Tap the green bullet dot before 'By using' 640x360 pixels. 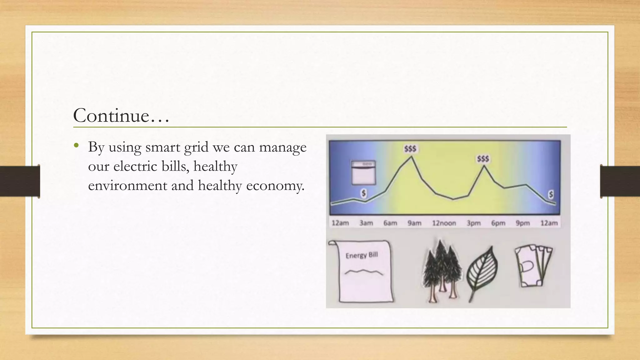[76, 145]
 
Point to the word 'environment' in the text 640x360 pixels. [127, 186]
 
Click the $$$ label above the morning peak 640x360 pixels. [410, 149]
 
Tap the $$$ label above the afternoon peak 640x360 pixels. [483, 159]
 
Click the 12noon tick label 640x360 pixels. [444, 223]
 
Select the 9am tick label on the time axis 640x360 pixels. [414, 223]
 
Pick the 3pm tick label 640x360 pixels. [473, 223]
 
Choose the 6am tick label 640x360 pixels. [390, 223]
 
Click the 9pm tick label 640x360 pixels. [522, 223]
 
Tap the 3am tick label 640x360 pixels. [366, 223]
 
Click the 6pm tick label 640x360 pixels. [498, 223]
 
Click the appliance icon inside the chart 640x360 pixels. [363, 173]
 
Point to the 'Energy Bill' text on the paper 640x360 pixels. [362, 255]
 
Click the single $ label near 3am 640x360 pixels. [363, 193]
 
